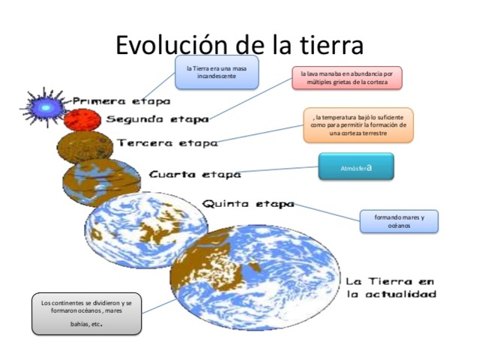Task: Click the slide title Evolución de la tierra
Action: coord(239,44)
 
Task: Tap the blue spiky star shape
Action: coord(46,107)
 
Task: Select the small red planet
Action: coord(77,119)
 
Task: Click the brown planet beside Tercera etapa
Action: coord(85,145)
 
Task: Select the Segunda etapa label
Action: coord(157,118)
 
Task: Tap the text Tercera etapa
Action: coord(166,142)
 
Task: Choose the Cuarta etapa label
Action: coord(195,174)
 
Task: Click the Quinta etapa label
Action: coord(248,203)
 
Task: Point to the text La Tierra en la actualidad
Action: coord(391,287)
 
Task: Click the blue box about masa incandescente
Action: coord(217,72)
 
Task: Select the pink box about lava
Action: coord(347,78)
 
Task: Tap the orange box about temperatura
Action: coord(358,125)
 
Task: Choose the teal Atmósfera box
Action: coord(355,166)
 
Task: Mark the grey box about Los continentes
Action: coord(86,313)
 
